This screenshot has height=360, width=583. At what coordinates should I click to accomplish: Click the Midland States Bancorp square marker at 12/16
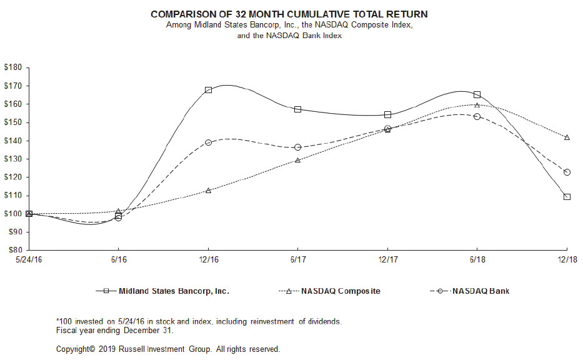[x=208, y=89]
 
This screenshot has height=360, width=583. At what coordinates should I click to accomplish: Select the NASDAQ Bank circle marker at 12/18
[x=567, y=172]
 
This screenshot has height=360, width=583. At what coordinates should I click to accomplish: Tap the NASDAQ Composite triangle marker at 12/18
[x=567, y=137]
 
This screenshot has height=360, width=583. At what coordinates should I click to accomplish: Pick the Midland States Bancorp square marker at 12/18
[x=567, y=196]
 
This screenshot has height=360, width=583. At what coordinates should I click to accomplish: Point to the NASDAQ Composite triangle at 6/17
[x=298, y=160]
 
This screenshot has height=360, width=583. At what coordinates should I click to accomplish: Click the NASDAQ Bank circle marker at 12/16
[x=208, y=142]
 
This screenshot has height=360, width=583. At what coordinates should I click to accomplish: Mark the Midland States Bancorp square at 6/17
[x=298, y=109]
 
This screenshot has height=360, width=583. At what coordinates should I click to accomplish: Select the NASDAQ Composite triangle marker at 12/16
[x=208, y=190]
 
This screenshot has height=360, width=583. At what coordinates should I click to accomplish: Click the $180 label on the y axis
[x=13, y=67]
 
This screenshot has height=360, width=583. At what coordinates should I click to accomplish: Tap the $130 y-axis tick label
[x=13, y=159]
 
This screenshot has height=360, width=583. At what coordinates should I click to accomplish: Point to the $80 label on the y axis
[x=14, y=250]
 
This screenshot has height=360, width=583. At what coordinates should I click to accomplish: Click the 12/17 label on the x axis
[x=387, y=259]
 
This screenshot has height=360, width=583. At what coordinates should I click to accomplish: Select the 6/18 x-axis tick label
[x=477, y=259]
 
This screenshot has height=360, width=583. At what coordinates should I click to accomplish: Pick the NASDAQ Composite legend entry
[x=340, y=291]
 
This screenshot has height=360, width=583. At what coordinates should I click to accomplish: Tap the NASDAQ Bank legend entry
[x=481, y=291]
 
